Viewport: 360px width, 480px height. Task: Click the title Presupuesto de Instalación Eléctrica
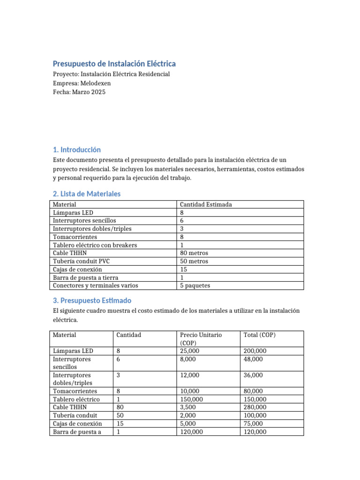[114, 63]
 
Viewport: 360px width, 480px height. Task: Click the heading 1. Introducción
[77, 150]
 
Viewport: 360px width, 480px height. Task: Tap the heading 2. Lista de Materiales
[87, 194]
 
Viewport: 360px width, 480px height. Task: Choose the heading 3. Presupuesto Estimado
[92, 300]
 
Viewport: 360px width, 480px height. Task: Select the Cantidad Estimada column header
[206, 204]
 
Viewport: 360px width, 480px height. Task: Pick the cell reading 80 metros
[194, 253]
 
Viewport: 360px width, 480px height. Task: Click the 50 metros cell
[194, 261]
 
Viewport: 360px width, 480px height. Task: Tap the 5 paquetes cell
[195, 285]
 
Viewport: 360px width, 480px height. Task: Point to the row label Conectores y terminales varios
[96, 285]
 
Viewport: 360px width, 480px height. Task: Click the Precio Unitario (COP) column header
[201, 338]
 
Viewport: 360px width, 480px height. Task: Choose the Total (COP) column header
[260, 335]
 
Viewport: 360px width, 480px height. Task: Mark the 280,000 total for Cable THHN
[255, 407]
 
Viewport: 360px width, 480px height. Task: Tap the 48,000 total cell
[254, 359]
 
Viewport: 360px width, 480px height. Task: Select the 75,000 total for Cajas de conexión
[254, 424]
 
